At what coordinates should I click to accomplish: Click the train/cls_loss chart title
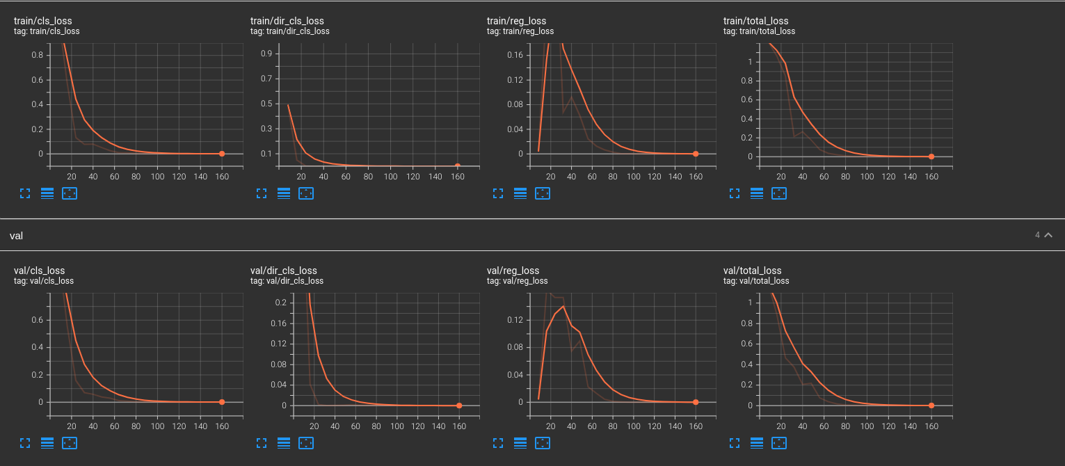pyautogui.click(x=42, y=21)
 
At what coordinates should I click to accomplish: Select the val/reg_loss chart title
pyautogui.click(x=513, y=271)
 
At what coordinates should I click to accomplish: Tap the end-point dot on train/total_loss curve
pyautogui.click(x=931, y=156)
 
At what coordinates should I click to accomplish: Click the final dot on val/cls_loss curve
pyautogui.click(x=222, y=402)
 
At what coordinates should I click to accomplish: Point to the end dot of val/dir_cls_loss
pyautogui.click(x=459, y=405)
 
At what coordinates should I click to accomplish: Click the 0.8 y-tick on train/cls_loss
pyautogui.click(x=38, y=55)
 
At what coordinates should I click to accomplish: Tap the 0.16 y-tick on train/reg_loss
pyautogui.click(x=513, y=55)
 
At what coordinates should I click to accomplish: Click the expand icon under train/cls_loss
pyautogui.click(x=25, y=193)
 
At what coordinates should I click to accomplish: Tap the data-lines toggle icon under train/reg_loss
pyautogui.click(x=520, y=193)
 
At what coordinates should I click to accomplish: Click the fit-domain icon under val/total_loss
pyautogui.click(x=779, y=442)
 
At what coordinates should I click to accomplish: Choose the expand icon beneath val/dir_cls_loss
pyautogui.click(x=262, y=442)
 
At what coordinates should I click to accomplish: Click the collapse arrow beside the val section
pyautogui.click(x=1048, y=235)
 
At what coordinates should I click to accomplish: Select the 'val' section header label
pyautogui.click(x=16, y=236)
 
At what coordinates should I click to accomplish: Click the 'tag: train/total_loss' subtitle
pyautogui.click(x=759, y=31)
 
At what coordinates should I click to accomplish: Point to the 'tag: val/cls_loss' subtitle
pyautogui.click(x=44, y=281)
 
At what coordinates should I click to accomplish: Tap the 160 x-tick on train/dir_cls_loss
pyautogui.click(x=457, y=177)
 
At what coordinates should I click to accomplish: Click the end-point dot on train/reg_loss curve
pyautogui.click(x=696, y=154)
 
